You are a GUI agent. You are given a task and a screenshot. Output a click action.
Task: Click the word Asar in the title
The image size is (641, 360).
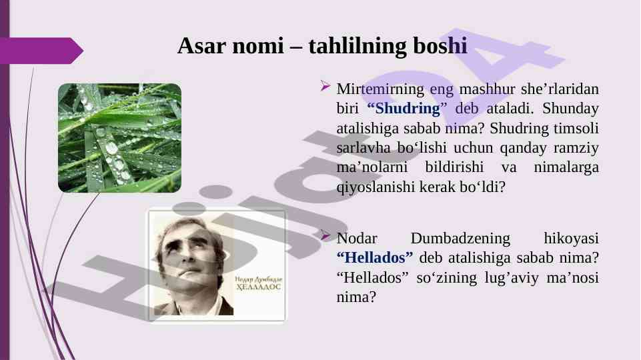(x=201, y=45)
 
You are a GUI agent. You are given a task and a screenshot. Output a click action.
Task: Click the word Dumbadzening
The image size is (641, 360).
(x=460, y=238)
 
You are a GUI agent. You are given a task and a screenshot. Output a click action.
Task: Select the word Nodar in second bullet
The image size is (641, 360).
(x=356, y=238)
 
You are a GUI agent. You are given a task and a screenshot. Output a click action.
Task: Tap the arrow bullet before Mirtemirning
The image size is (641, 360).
(x=326, y=86)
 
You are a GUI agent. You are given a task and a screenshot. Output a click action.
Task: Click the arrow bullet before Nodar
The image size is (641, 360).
(x=326, y=235)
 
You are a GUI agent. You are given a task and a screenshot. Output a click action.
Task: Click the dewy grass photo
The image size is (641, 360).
(x=120, y=138)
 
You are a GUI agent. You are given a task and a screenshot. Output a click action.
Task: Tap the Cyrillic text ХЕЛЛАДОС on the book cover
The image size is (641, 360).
(x=258, y=287)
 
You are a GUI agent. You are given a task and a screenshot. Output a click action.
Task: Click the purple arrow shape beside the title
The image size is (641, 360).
(x=41, y=51)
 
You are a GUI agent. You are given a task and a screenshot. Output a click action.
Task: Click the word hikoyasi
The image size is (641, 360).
(x=571, y=238)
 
